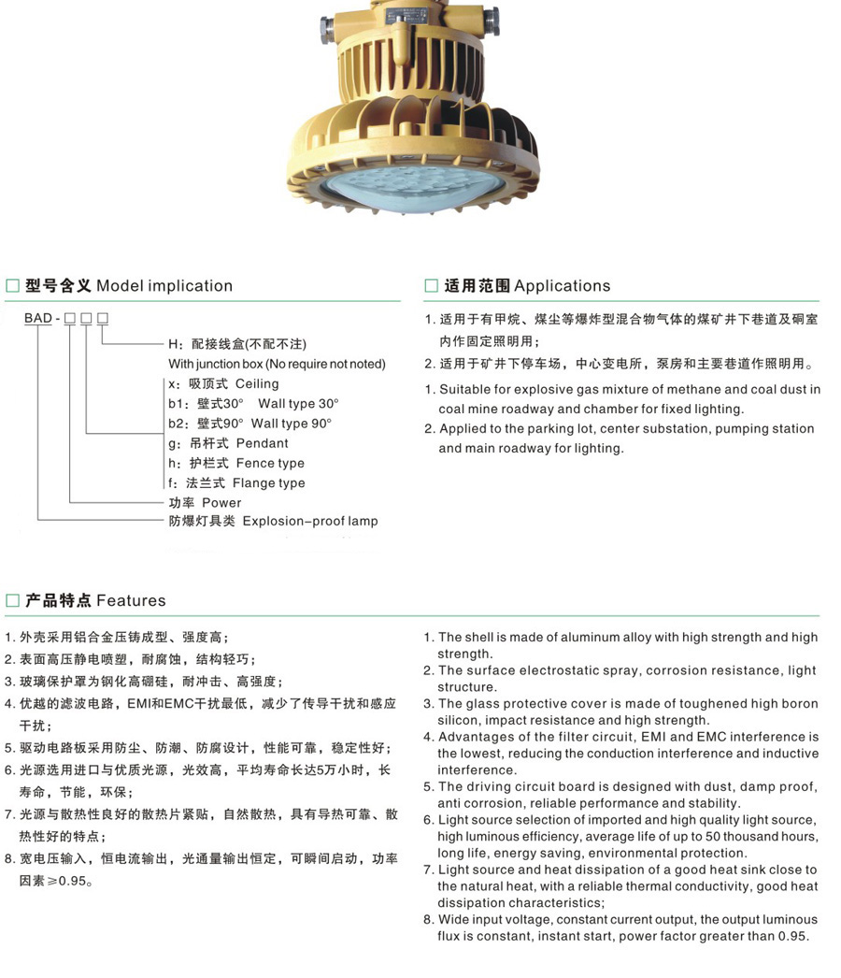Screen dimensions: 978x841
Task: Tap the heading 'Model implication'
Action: [164, 286]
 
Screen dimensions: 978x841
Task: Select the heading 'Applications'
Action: [562, 286]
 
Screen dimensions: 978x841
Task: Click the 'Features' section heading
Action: [131, 600]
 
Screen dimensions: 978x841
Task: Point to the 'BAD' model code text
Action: [38, 319]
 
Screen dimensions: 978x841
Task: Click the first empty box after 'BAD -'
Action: [69, 319]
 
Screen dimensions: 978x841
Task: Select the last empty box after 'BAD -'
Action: [103, 319]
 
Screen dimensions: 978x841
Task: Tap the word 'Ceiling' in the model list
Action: [257, 383]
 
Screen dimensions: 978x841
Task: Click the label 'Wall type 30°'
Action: [298, 403]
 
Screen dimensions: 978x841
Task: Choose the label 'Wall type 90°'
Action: [292, 424]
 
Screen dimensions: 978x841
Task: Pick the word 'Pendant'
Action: [262, 443]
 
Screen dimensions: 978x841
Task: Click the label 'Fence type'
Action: [270, 463]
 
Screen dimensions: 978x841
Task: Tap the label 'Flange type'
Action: [268, 483]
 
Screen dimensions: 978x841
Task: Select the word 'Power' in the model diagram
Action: [221, 502]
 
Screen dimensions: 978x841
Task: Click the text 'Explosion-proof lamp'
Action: [310, 521]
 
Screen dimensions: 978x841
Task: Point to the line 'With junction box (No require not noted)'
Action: [277, 364]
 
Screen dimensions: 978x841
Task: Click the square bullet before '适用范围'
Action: [431, 286]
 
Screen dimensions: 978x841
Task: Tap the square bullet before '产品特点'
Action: [12, 600]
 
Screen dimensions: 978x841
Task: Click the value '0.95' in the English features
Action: [793, 936]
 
